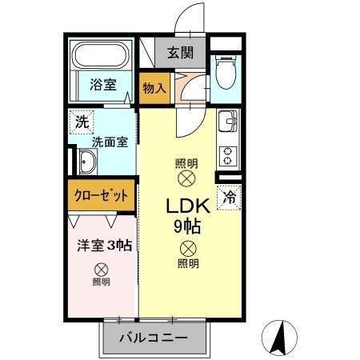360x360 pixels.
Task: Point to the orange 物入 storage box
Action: click(x=154, y=87)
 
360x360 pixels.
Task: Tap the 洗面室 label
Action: click(x=110, y=142)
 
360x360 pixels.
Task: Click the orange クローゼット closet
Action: click(x=102, y=195)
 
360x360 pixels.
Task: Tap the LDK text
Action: click(x=187, y=206)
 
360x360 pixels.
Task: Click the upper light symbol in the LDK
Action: click(x=186, y=177)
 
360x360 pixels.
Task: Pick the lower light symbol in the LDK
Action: click(x=187, y=248)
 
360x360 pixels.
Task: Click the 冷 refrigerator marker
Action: click(x=230, y=194)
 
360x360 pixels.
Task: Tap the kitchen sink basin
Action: click(x=227, y=122)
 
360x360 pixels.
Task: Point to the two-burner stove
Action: click(x=227, y=151)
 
